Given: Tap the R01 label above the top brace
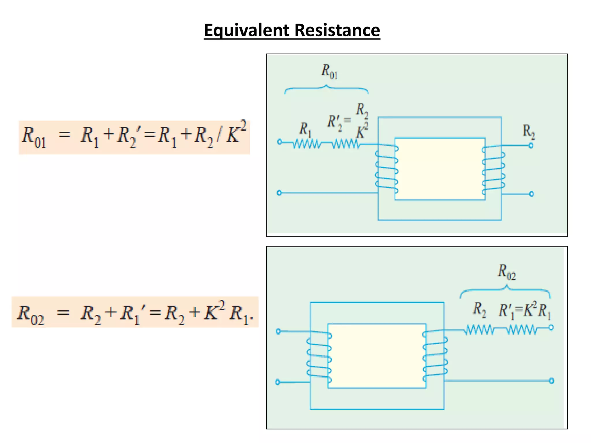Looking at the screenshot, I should pos(329,72).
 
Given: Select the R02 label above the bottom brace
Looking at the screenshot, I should pos(506,272).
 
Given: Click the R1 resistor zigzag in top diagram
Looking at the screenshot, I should pos(306,143).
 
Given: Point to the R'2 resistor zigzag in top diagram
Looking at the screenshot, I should pos(346,143).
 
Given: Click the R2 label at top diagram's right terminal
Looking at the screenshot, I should pos(529,132).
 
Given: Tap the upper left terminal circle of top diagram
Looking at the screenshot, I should pos(279,142).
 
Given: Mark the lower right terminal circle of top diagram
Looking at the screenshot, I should pos(532,194).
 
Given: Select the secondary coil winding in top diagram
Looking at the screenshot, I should pos(493,170).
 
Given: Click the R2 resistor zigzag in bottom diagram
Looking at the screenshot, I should pos(479,329).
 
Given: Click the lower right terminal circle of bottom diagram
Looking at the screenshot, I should pos(551,381).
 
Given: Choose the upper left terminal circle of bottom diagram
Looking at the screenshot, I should pos(278,331).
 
